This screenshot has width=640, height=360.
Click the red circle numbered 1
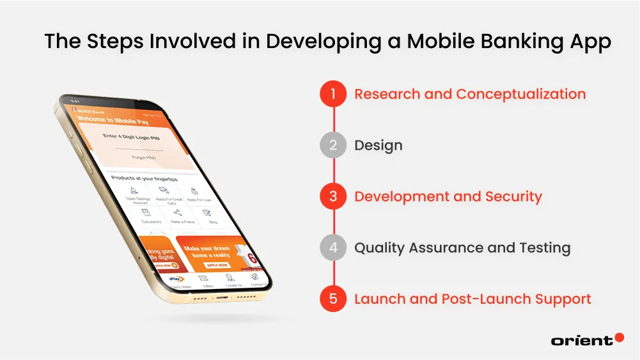333,95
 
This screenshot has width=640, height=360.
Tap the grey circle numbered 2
333,146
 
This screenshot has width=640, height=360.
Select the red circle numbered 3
333,197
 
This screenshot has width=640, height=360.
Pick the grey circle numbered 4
333,248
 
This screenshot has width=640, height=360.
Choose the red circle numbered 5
333,299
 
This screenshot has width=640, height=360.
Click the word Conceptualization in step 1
520,95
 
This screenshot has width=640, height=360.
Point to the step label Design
379,146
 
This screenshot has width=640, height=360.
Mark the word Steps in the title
121,42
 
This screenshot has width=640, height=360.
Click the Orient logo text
581,341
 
